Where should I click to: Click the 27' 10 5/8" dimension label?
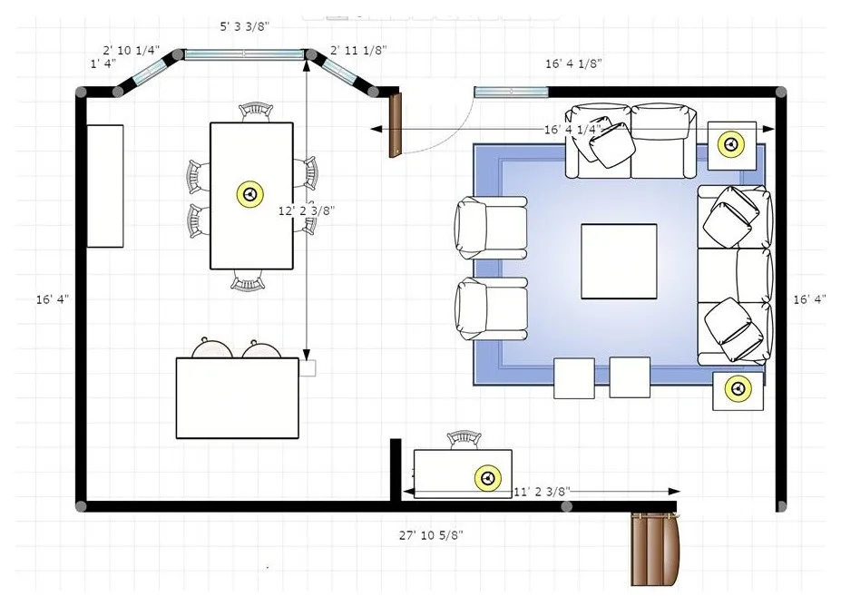431,534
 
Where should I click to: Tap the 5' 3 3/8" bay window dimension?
245,26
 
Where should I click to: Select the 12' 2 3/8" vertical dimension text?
307,210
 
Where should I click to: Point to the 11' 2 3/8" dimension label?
542,491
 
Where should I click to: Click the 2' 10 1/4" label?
131,50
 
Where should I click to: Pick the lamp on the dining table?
249,194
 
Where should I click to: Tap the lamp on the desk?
487,477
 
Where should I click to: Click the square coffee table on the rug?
619,261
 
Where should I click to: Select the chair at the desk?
464,440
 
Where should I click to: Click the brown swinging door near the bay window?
396,125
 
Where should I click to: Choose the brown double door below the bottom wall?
655,549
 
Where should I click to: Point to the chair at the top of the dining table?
256,112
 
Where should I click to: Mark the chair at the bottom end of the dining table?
248,280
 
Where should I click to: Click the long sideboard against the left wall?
105,186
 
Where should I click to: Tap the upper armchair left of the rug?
491,224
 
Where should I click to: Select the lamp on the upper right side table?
731,144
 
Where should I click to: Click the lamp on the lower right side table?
738,387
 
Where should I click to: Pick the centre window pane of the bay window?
244,54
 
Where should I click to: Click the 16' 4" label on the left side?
53,299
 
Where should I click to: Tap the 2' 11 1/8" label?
358,50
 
